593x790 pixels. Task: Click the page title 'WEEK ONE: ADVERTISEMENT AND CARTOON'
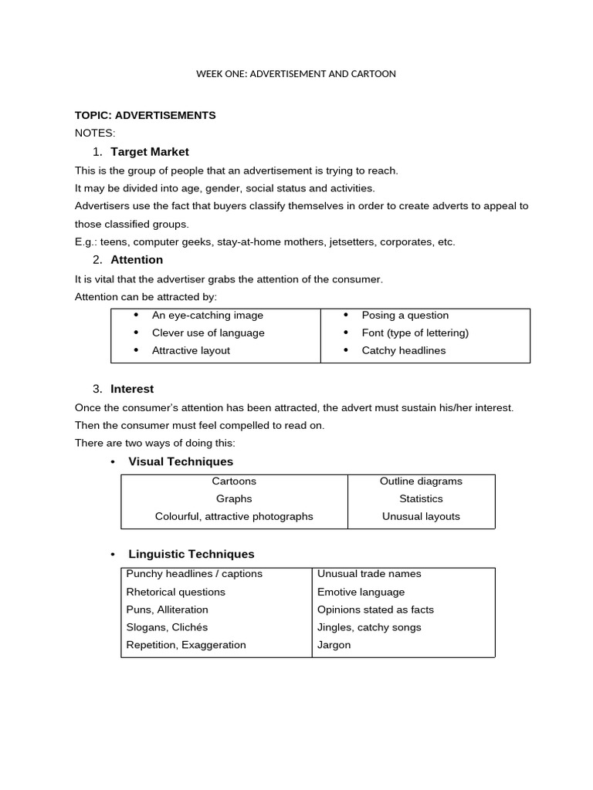tap(296, 74)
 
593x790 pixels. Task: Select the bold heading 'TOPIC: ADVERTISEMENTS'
tap(145, 115)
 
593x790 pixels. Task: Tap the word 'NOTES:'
tap(95, 133)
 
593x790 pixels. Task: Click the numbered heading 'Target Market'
tap(149, 151)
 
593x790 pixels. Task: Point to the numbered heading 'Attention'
tap(137, 259)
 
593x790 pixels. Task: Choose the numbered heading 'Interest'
tap(132, 389)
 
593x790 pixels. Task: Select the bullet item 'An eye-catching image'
tap(207, 315)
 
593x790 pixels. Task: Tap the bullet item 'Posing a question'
tap(405, 315)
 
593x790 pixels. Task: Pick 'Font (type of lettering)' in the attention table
tap(415, 333)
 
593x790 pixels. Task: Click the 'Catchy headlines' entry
tap(403, 350)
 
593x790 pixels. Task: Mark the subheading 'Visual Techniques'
tap(181, 461)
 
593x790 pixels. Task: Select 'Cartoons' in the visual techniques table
tap(234, 481)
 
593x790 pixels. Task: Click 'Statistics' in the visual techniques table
tap(421, 498)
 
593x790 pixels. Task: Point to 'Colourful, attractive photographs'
tap(234, 516)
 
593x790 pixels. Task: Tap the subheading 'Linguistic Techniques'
tap(191, 554)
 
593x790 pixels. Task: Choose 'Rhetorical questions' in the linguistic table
tap(176, 592)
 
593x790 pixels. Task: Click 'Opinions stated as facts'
tap(375, 609)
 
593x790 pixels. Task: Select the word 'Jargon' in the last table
tap(334, 645)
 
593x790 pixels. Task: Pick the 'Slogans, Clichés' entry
tap(167, 627)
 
